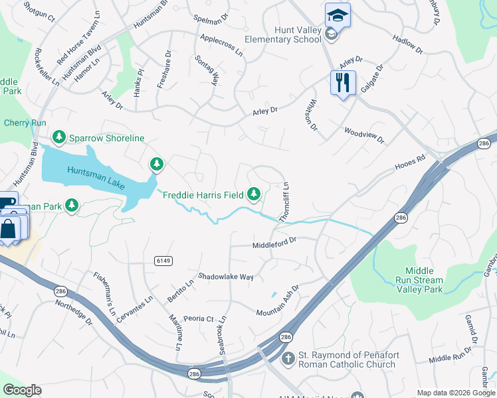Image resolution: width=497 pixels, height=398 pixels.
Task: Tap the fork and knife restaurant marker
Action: point(343,83)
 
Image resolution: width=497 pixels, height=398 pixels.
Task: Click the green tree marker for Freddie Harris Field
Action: point(253,194)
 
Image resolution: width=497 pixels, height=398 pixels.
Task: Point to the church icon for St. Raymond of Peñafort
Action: point(288,359)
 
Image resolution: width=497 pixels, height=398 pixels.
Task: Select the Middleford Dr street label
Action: point(273,245)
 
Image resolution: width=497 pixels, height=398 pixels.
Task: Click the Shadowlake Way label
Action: point(226,277)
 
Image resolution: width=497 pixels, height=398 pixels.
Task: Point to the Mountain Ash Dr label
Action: point(278,300)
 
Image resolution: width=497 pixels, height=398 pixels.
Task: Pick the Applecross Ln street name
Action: point(221,45)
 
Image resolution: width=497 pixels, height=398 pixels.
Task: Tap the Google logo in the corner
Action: point(22,390)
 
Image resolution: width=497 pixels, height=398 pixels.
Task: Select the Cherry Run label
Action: point(25,123)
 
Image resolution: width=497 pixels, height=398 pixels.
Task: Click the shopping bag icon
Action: point(9,229)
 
